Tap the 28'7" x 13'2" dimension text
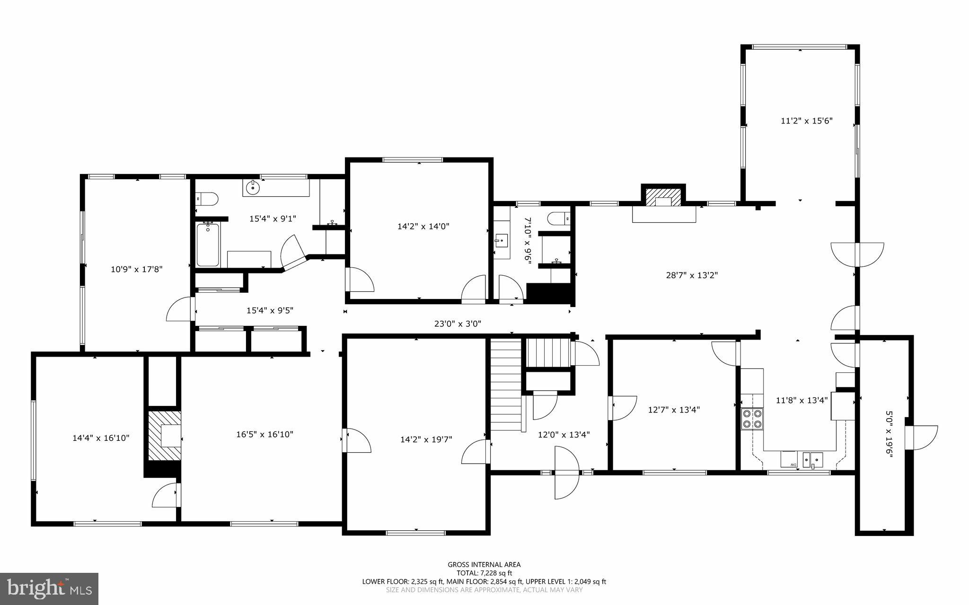pos(692,275)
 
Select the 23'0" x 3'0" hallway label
pos(458,324)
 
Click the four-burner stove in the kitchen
pos(752,418)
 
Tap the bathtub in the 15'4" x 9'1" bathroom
pos(208,244)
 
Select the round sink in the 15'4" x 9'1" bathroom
pos(254,187)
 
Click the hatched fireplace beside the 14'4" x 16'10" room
pos(165,436)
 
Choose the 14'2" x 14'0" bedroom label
pos(423,226)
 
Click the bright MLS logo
pos(49,588)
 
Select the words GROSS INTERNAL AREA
pos(484,564)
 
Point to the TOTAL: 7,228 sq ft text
pos(484,573)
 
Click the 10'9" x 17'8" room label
pos(136,269)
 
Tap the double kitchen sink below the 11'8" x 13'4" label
pos(812,459)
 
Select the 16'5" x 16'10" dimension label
pos(264,434)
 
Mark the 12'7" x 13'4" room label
pos(673,410)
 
